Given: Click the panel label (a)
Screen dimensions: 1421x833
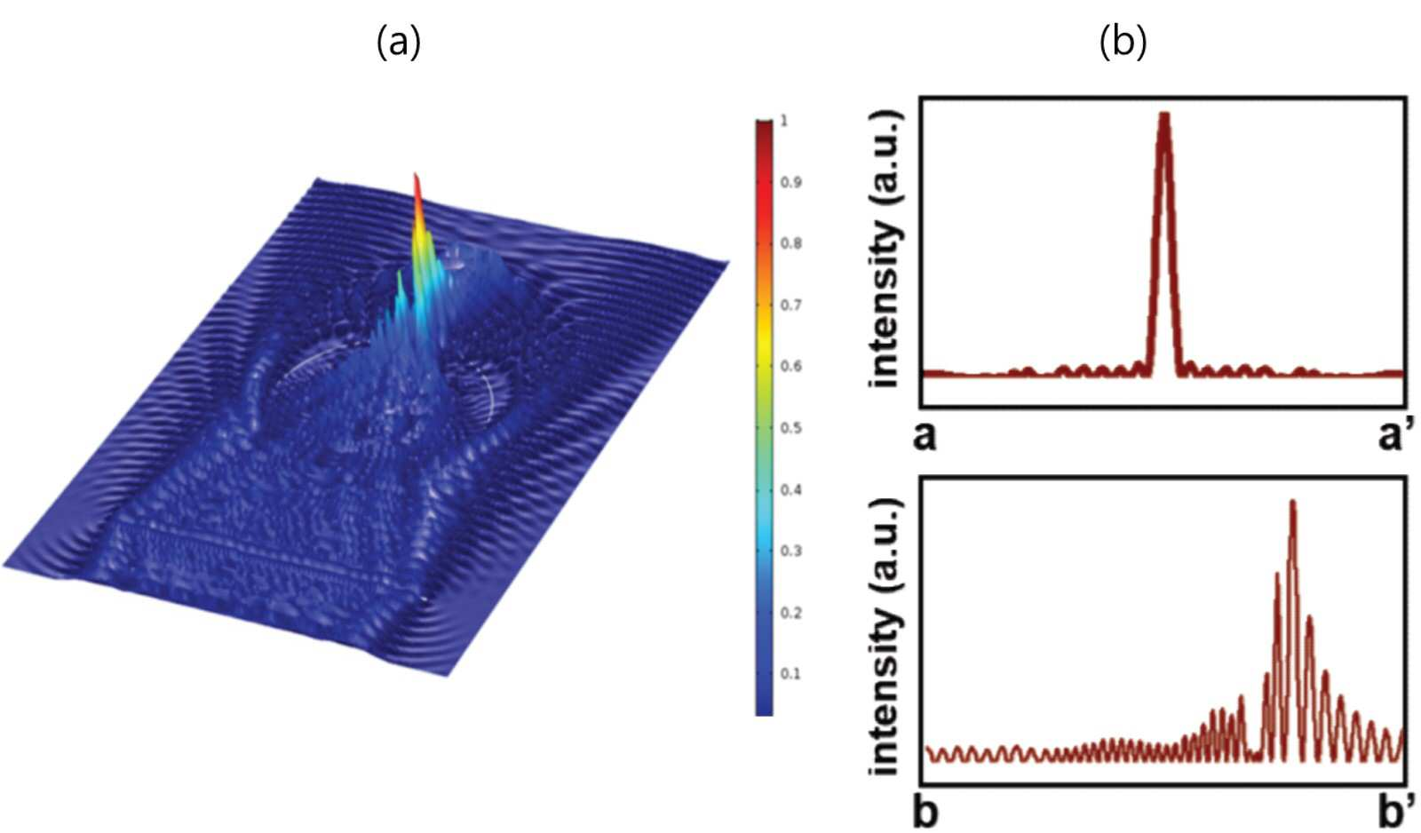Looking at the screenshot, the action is click(399, 44).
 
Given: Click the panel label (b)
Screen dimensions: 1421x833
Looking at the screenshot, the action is click(1123, 44).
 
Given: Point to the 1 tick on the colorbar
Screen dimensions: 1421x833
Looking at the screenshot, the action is click(784, 121).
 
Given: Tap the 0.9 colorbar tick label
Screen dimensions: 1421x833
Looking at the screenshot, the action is click(791, 183).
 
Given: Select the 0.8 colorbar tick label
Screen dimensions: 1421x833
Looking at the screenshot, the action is click(791, 244).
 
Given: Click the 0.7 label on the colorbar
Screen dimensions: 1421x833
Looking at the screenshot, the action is click(791, 305).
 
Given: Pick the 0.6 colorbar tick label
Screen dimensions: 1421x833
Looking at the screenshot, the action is click(791, 367).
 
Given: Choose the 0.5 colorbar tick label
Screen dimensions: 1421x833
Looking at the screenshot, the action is click(791, 428).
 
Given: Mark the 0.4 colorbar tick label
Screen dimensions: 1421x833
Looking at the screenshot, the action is click(791, 490).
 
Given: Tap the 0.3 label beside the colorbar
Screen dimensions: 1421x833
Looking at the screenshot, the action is click(791, 551).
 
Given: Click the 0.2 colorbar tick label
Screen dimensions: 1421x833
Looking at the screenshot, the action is click(791, 613).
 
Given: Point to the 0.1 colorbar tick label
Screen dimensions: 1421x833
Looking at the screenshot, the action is click(791, 674).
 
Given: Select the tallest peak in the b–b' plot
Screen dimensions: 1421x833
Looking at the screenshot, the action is click(1292, 503).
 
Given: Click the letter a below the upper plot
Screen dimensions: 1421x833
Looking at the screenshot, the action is click(925, 437).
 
